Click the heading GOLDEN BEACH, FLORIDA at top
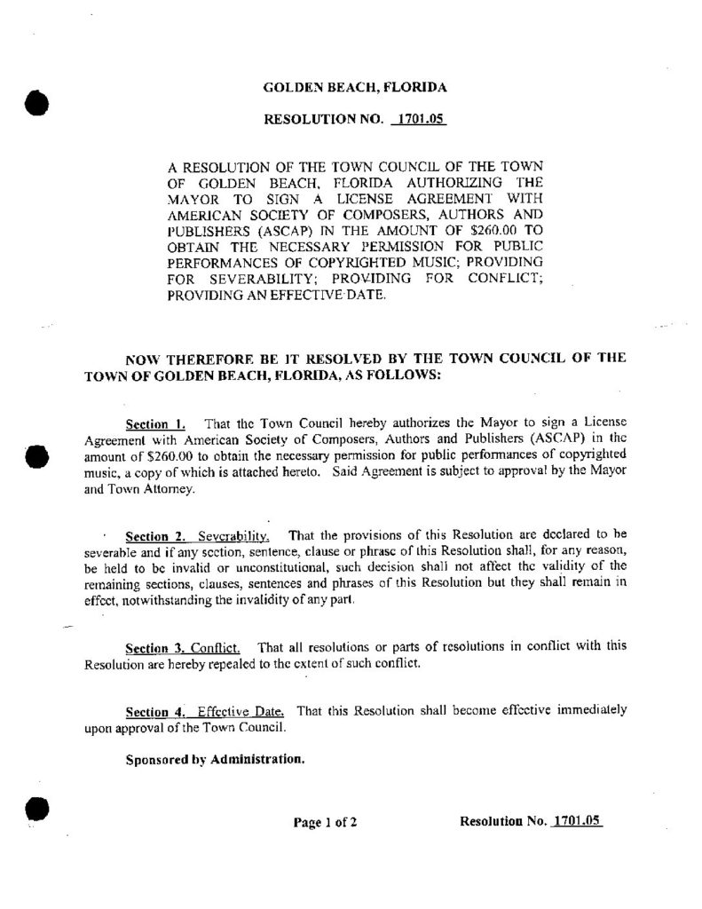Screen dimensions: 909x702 (355, 88)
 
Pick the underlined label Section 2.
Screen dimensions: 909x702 (154, 536)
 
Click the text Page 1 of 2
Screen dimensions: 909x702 (325, 822)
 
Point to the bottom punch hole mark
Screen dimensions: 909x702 (35, 810)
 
